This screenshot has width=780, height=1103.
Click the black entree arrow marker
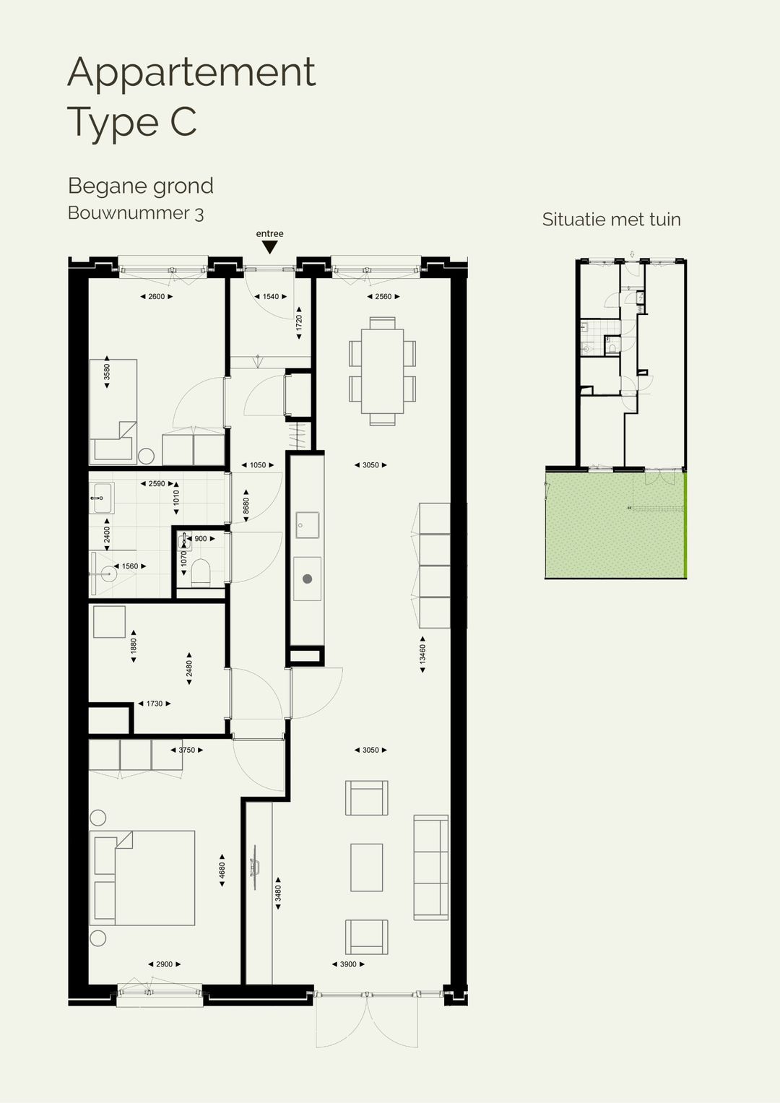[269, 247]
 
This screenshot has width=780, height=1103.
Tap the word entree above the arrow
[269, 233]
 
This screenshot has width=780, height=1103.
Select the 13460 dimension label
[422, 654]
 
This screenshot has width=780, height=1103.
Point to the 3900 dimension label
[348, 964]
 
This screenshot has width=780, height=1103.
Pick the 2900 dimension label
[164, 964]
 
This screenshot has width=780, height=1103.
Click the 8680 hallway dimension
[246, 506]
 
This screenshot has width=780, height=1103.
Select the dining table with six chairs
[382, 371]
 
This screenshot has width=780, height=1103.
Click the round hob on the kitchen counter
[308, 579]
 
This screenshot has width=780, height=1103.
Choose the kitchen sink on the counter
[308, 524]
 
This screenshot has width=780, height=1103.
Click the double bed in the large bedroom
[142, 878]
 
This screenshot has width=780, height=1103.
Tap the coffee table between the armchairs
[366, 868]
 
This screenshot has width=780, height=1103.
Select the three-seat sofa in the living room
[430, 868]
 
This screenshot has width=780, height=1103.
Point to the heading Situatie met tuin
[611, 220]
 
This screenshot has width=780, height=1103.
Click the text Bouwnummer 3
[136, 213]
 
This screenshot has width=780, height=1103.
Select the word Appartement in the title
[191, 72]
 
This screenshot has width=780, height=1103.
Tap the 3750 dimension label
[186, 750]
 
